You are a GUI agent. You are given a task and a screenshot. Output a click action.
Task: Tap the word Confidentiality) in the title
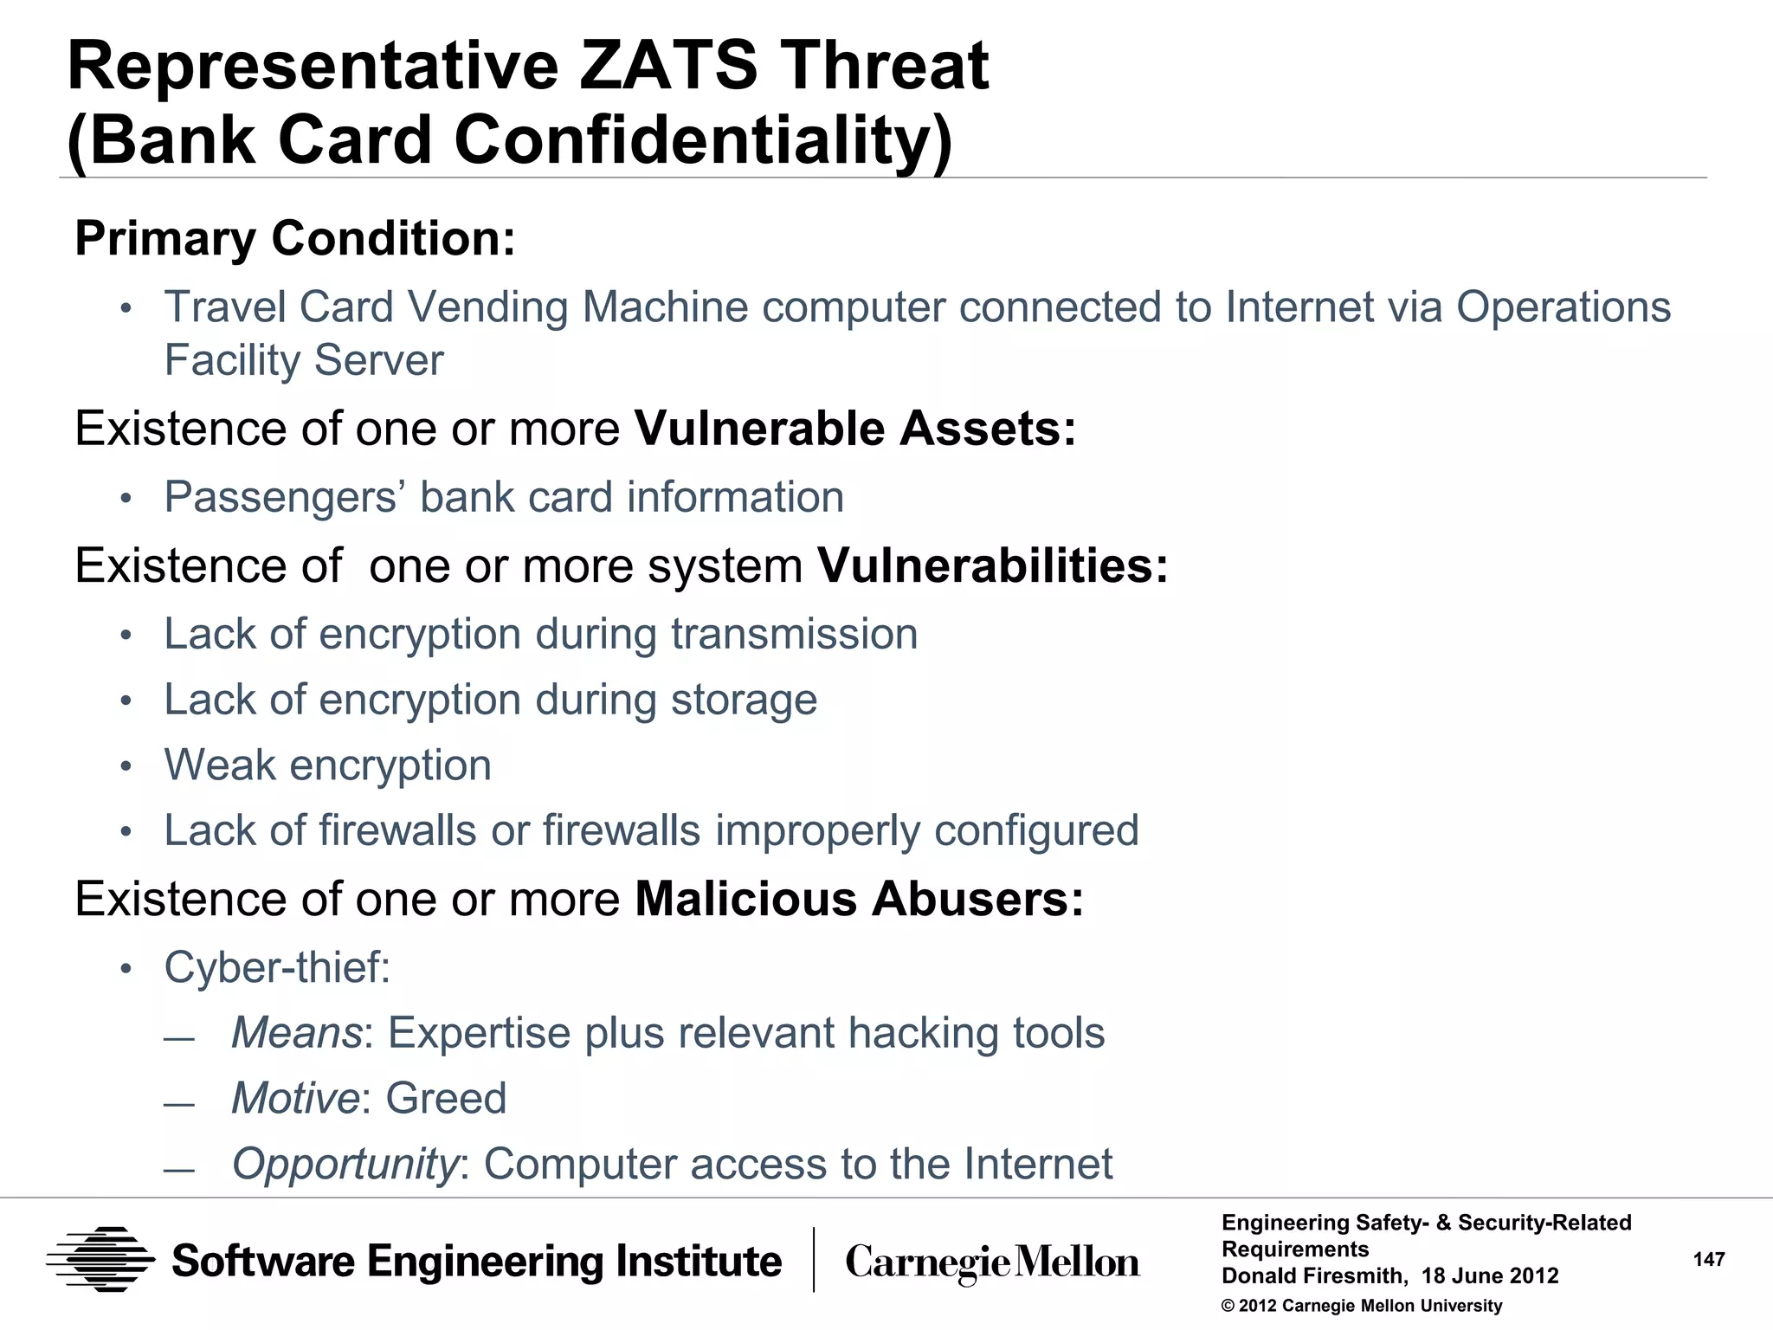[702, 140]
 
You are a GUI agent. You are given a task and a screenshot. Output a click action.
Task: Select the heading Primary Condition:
[295, 238]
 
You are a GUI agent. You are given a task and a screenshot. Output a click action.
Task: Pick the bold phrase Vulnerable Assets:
[855, 429]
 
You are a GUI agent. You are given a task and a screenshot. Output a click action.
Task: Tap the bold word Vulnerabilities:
[993, 565]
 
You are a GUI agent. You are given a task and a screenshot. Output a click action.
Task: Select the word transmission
[794, 634]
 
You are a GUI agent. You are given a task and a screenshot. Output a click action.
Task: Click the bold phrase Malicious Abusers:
[859, 899]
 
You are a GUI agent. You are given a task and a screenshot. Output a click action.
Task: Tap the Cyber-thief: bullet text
[277, 967]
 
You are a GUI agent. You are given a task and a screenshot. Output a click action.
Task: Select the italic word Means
[296, 1033]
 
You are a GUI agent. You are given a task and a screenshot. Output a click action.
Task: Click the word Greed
[446, 1099]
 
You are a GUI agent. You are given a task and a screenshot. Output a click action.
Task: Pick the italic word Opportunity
[345, 1165]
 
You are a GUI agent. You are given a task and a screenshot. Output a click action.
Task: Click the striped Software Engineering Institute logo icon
[100, 1260]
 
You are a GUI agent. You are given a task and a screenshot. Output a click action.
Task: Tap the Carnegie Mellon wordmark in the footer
[992, 1262]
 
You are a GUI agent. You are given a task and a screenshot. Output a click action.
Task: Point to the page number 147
[1709, 1260]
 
